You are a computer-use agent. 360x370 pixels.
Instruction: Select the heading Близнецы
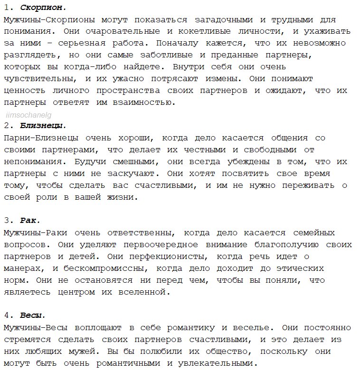tap(43, 126)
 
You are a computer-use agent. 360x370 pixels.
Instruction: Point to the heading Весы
tap(33, 315)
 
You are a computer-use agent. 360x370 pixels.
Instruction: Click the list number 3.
tap(7, 221)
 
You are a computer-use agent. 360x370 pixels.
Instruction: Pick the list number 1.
tap(7, 8)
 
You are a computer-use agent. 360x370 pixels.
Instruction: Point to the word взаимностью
tap(142, 102)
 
